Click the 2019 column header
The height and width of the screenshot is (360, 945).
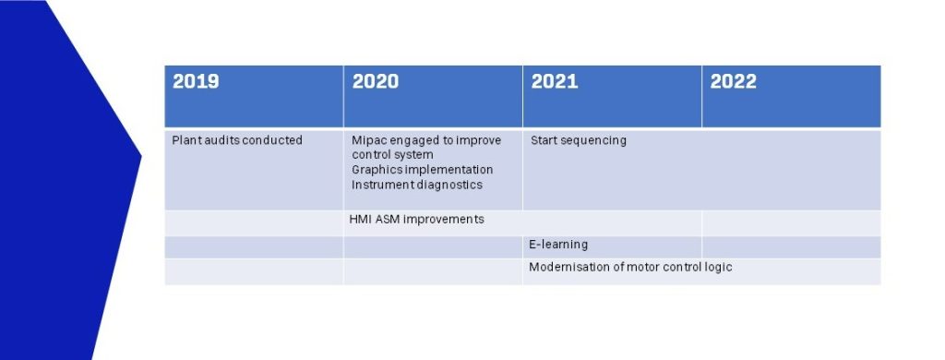click(x=196, y=81)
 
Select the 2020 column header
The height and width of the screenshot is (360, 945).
click(x=376, y=81)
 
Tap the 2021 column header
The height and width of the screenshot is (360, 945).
click(x=555, y=81)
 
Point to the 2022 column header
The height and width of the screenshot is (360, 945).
click(x=734, y=81)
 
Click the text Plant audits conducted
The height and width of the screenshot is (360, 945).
click(x=237, y=140)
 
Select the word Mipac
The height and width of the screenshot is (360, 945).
click(x=369, y=141)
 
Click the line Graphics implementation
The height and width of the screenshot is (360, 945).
click(x=423, y=170)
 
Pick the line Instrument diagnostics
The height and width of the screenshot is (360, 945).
click(x=417, y=186)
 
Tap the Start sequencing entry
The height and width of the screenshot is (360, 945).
click(x=579, y=141)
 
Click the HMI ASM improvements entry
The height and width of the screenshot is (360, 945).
click(x=416, y=220)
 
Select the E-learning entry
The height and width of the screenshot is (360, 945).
click(x=558, y=245)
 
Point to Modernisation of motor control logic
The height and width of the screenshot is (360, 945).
click(x=630, y=267)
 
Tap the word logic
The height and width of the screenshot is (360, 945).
click(x=718, y=268)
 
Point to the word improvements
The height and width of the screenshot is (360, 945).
click(x=444, y=220)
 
